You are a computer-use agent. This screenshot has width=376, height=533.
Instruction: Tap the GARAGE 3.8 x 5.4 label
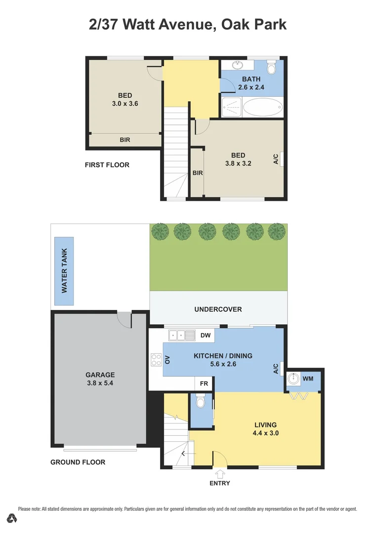coord(100,379)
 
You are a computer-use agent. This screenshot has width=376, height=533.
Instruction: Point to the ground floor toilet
coord(201,404)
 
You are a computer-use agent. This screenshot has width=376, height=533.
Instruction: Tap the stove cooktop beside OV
coord(156,360)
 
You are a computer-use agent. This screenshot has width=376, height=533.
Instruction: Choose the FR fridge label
coord(204,383)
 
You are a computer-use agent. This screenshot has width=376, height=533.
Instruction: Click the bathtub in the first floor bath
coord(263,107)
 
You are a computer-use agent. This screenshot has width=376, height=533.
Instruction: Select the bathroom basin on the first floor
coord(238,65)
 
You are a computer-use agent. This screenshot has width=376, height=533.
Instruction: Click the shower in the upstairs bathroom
coord(232,107)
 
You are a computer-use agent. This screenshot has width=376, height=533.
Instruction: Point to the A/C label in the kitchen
coord(276,368)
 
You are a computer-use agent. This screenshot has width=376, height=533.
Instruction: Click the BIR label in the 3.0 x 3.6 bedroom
coord(125,140)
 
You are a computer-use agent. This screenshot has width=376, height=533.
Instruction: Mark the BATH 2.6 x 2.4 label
coord(251,83)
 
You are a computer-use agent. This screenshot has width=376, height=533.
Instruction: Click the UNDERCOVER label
coord(218,309)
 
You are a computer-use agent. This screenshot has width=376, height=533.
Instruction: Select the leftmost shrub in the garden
coord(160,231)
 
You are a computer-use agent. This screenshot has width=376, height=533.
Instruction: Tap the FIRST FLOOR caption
coord(107,165)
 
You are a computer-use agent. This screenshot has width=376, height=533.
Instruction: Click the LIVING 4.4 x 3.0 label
coord(265,428)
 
